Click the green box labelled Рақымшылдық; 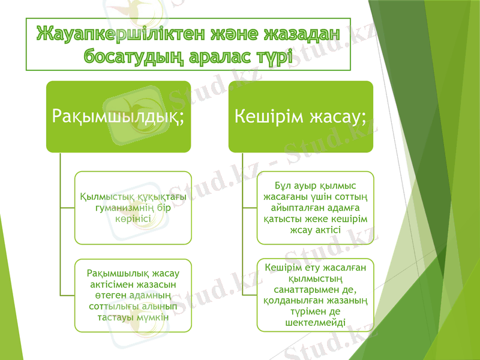coord(119,116)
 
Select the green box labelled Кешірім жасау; coord(301,116)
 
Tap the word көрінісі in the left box coord(133,219)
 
